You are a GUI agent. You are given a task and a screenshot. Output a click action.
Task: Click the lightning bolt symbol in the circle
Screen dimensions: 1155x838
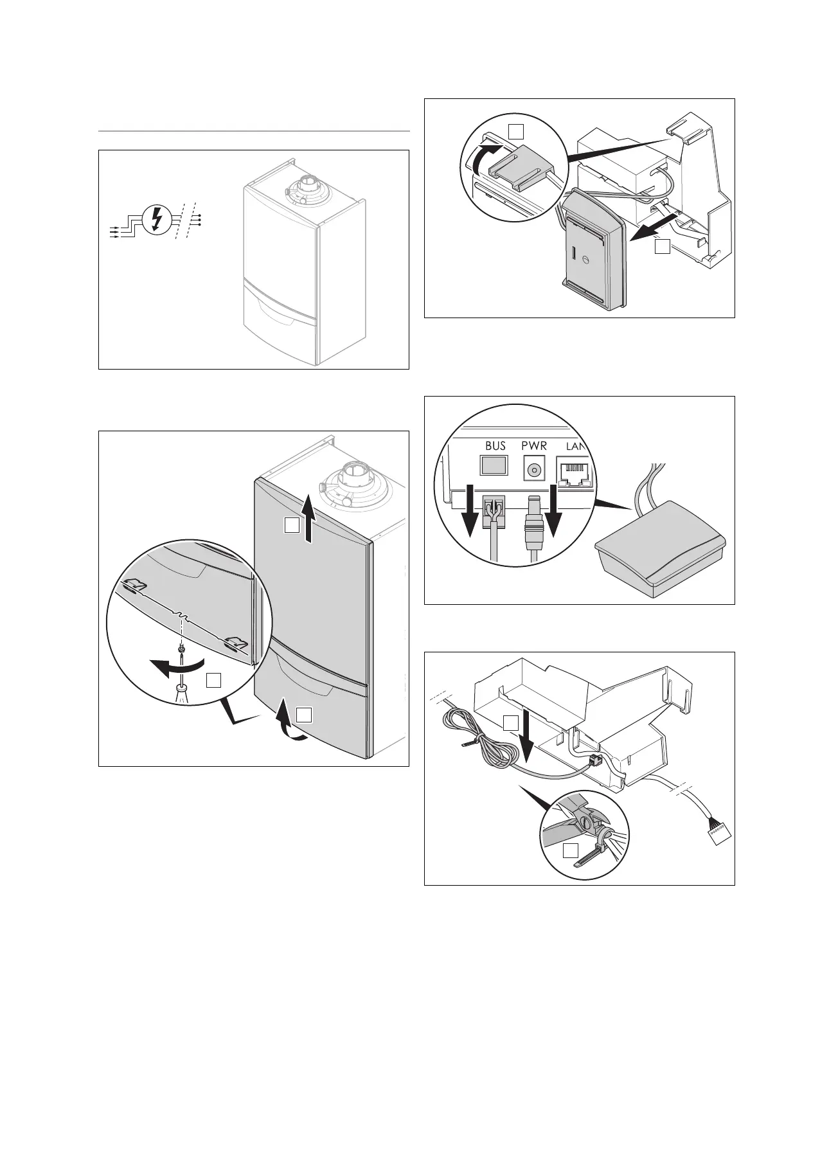pos(154,219)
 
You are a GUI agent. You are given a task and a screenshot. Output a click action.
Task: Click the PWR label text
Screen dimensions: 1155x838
pos(533,445)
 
